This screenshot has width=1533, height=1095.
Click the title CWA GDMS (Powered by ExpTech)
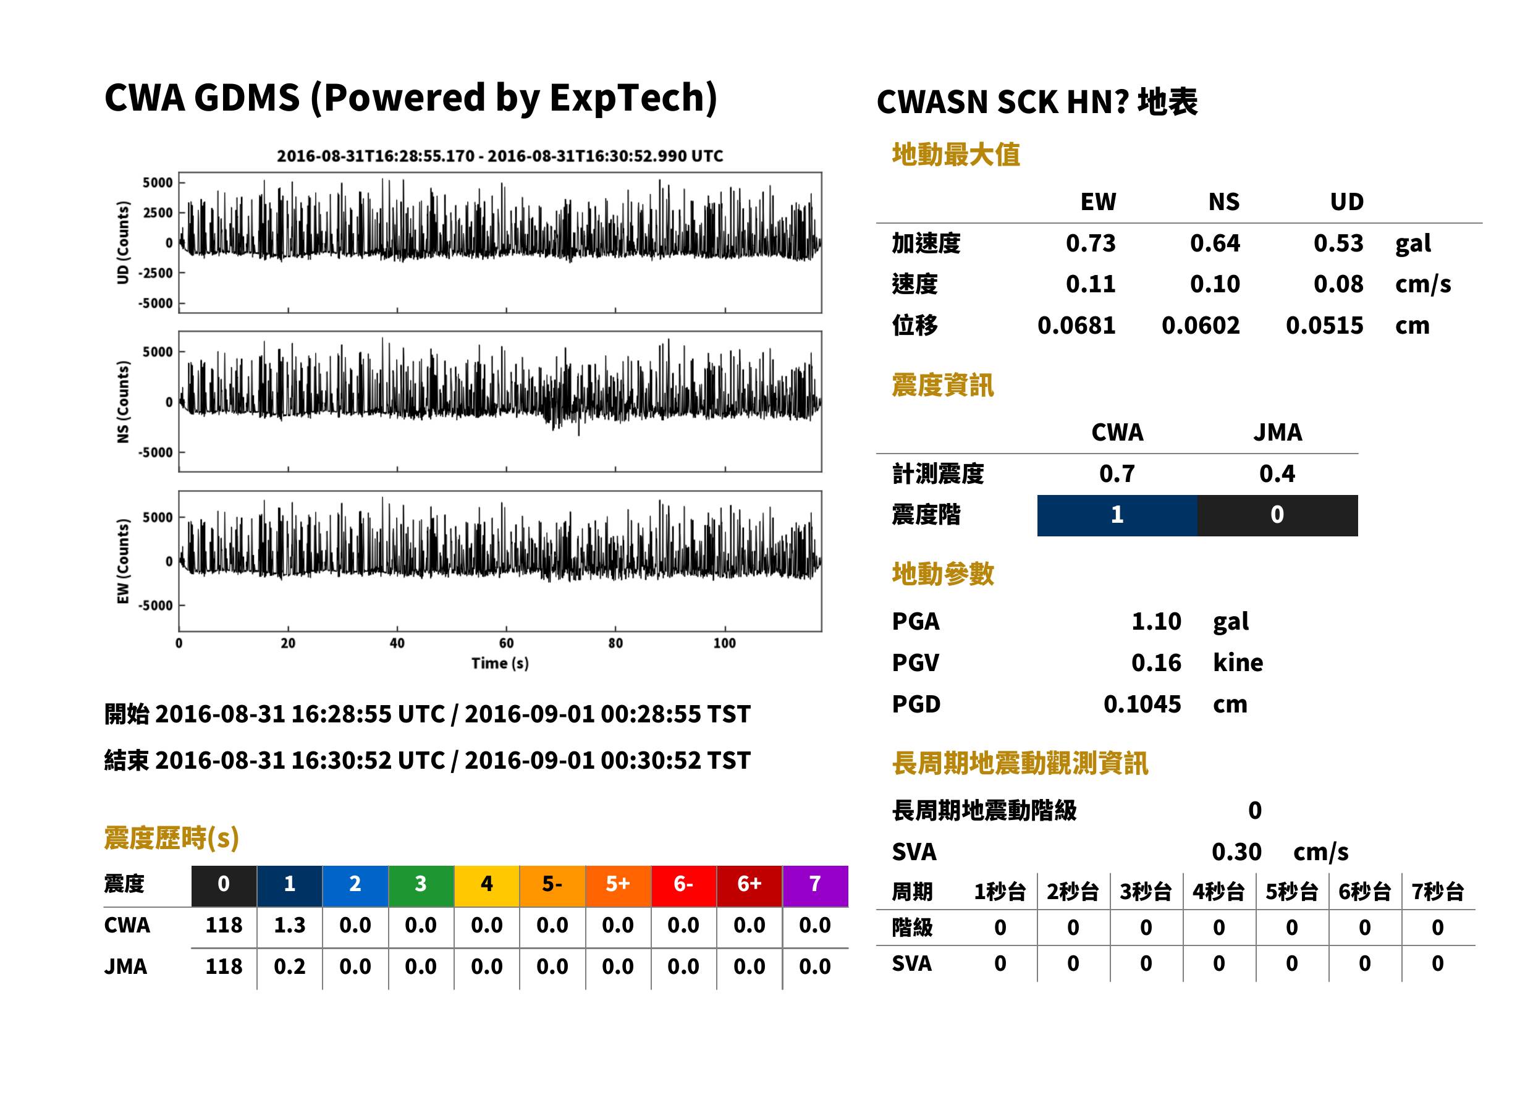tap(410, 98)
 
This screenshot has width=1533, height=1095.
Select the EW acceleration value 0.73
tap(1090, 243)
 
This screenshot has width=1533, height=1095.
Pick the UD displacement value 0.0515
tap(1324, 326)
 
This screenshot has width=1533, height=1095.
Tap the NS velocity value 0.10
tap(1214, 284)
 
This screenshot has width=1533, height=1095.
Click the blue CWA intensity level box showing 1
tap(1117, 516)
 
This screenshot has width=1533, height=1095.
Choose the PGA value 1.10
tap(1156, 621)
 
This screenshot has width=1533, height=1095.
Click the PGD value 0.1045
tap(1142, 704)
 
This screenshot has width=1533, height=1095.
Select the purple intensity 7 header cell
tap(815, 886)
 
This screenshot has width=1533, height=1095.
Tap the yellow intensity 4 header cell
tap(487, 886)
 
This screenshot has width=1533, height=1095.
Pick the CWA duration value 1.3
tap(289, 925)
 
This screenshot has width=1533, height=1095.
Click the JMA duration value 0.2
tap(289, 966)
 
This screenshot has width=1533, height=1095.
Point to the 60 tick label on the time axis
tap(506, 643)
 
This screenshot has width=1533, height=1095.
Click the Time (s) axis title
tap(499, 664)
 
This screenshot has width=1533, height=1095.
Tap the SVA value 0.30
tap(1236, 852)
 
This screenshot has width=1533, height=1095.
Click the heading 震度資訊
tap(942, 385)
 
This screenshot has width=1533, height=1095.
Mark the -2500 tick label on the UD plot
tap(155, 273)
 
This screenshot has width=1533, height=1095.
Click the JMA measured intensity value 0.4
tap(1277, 473)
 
